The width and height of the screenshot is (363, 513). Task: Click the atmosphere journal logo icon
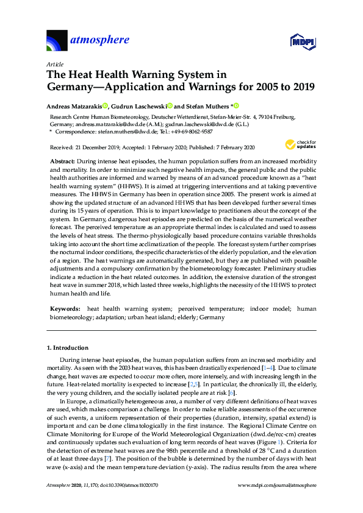click(x=57, y=41)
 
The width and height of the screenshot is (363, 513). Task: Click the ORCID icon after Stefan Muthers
click(x=236, y=105)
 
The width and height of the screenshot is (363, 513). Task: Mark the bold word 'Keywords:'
click(x=65, y=309)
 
